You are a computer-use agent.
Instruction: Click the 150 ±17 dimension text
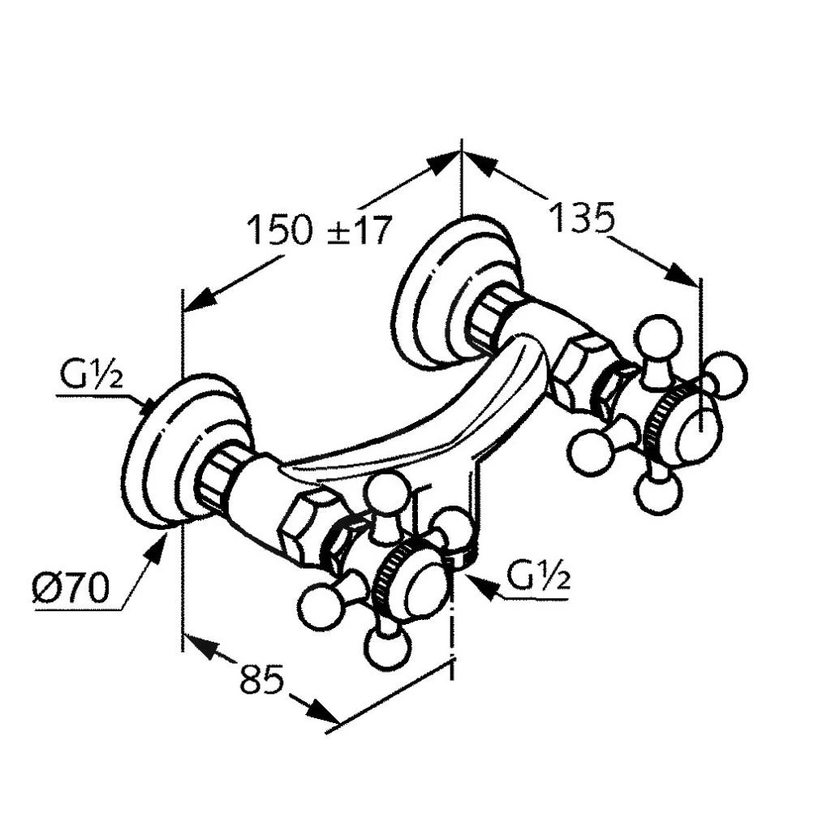click(318, 230)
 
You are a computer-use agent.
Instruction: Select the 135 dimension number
click(582, 217)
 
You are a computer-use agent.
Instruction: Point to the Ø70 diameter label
click(70, 588)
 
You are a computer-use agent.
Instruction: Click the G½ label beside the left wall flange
click(91, 377)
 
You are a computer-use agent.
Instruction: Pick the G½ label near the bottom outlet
click(539, 577)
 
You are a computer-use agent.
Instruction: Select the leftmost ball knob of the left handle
click(319, 607)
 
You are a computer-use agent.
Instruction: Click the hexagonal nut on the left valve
click(307, 526)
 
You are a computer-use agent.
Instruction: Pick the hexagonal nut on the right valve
click(581, 366)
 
